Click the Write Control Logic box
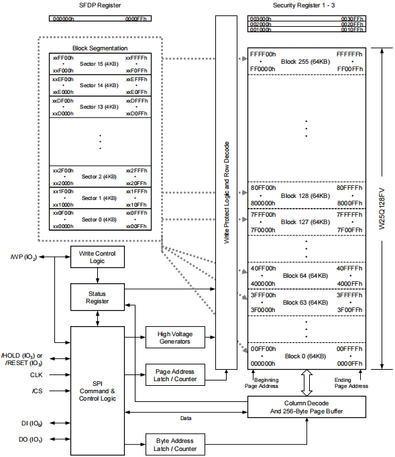[x=97, y=257]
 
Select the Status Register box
[x=97, y=297]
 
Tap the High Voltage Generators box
[x=175, y=337]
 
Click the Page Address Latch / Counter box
[x=175, y=375]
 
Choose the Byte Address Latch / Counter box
[x=175, y=444]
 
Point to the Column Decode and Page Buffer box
[x=306, y=407]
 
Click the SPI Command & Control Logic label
[x=97, y=391]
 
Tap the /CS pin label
[x=37, y=391]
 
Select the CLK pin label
[x=36, y=375]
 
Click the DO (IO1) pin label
[x=31, y=440]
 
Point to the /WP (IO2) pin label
[x=23, y=257]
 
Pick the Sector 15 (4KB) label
[x=99, y=64]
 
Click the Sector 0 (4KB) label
[x=99, y=219]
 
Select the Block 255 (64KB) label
[x=305, y=62]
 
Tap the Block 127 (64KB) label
[x=305, y=222]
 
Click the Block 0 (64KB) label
[x=305, y=356]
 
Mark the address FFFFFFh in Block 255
[x=349, y=54]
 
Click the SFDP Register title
[x=100, y=5]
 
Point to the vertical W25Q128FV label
[x=382, y=209]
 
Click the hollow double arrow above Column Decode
[x=306, y=383]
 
